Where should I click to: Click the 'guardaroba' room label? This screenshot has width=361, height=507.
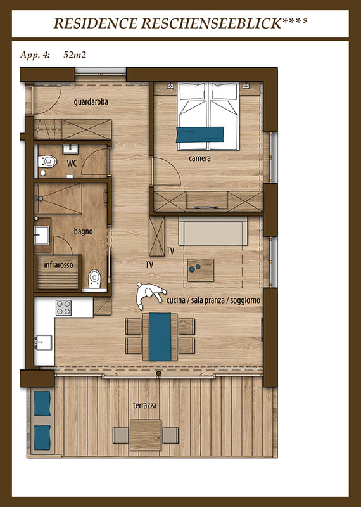tap(91, 102)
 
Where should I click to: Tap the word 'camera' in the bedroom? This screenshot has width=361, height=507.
tap(199, 158)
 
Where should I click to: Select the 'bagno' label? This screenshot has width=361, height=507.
tap(83, 231)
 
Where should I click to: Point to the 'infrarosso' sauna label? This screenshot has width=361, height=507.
tap(58, 265)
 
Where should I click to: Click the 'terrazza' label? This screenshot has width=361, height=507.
tap(145, 405)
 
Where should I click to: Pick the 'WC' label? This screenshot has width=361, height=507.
tap(72, 164)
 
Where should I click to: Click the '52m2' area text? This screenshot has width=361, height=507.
tap(75, 55)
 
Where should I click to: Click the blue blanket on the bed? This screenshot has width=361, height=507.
tap(200, 134)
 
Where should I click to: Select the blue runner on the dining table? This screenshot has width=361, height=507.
tap(160, 337)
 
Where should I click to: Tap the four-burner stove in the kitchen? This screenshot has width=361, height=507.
tap(63, 307)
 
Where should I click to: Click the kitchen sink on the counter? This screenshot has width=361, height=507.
tap(43, 342)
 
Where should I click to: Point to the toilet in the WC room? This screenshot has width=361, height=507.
tap(47, 161)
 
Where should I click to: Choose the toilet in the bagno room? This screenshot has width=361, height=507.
tap(95, 278)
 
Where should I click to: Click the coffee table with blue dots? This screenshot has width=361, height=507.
tap(200, 270)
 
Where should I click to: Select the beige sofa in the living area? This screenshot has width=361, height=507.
tap(213, 231)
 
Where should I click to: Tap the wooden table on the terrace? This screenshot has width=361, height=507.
tap(146, 435)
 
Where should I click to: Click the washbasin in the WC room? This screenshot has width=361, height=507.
tap(70, 149)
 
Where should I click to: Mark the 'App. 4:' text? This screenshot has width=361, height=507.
tap(35, 55)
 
